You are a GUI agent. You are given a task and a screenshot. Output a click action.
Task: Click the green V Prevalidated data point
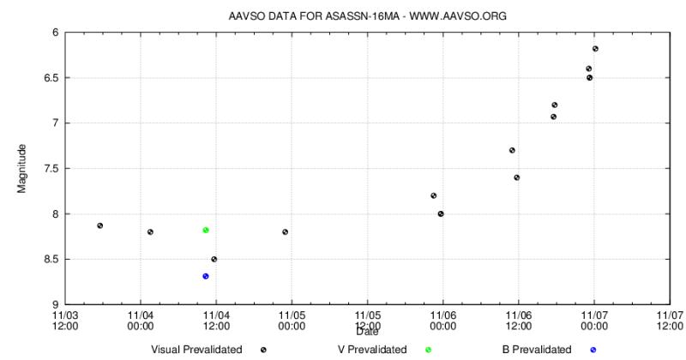pyautogui.click(x=206, y=230)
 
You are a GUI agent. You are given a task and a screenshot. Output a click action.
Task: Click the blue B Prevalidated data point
pyautogui.click(x=206, y=276)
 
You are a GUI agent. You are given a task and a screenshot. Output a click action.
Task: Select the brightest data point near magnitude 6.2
pyautogui.click(x=595, y=48)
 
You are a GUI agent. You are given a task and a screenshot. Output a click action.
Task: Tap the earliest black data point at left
pyautogui.click(x=100, y=225)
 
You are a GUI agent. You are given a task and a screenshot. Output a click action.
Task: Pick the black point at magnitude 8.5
pyautogui.click(x=214, y=259)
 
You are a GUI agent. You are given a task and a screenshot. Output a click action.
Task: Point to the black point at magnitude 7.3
pyautogui.click(x=512, y=150)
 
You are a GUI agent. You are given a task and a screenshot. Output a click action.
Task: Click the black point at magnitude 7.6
pyautogui.click(x=517, y=177)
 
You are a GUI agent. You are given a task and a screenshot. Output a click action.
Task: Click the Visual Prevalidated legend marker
pyautogui.click(x=263, y=350)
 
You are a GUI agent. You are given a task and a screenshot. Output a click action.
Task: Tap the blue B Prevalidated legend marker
pyautogui.click(x=593, y=350)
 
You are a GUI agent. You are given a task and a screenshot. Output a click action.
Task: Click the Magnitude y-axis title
pyautogui.click(x=21, y=168)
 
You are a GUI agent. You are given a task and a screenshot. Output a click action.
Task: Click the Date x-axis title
pyautogui.click(x=368, y=332)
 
